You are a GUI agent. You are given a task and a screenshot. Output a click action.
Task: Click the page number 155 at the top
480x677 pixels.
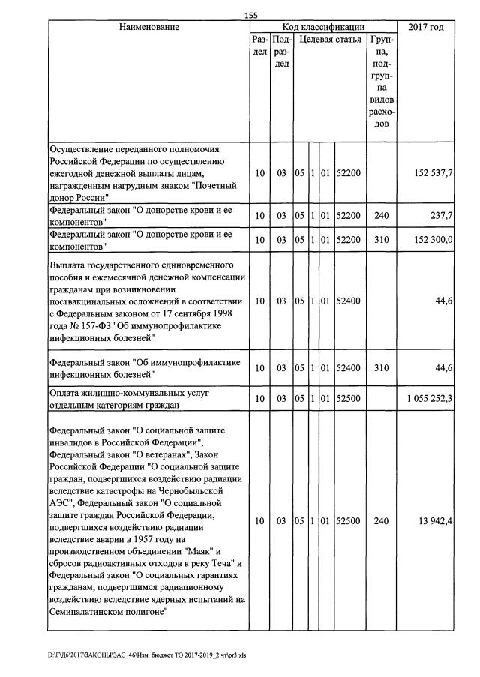(251, 15)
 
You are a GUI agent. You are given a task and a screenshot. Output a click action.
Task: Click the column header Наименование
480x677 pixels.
(148, 28)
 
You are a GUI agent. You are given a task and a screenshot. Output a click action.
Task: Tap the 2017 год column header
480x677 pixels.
(425, 28)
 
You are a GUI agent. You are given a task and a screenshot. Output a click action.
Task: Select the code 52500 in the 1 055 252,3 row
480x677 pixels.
(349, 399)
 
